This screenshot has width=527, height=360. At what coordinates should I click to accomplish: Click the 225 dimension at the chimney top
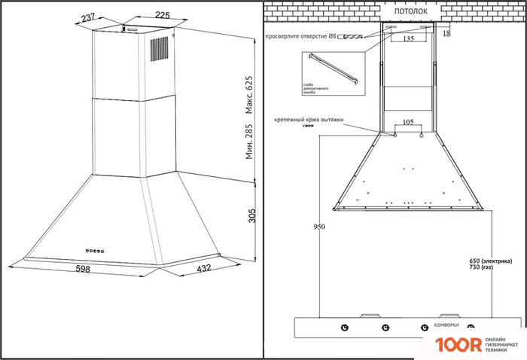161,14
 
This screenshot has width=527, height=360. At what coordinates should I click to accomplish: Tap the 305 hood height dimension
252,216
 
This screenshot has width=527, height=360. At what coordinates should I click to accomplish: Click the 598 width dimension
84,269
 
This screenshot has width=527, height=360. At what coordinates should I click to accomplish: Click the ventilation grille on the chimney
159,49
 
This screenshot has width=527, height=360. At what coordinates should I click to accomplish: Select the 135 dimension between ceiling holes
408,38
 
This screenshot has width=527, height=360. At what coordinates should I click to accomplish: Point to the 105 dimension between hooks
407,121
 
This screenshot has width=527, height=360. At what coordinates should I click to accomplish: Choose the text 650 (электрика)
489,261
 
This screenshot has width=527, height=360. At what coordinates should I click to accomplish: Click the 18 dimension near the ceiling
447,33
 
